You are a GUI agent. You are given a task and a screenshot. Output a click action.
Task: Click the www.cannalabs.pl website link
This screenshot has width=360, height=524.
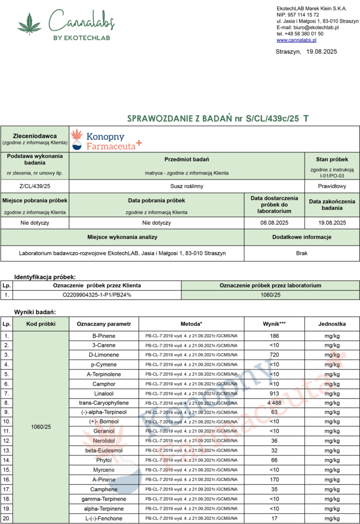(297, 40)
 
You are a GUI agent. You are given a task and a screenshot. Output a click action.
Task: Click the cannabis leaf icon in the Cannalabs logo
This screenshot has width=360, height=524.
(29, 24)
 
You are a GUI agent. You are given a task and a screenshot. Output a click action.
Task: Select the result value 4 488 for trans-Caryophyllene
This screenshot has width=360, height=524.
(275, 403)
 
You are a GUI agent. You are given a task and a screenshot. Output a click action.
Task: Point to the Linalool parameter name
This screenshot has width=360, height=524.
(104, 394)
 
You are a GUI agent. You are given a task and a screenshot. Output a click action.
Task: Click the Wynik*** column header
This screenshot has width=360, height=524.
(275, 324)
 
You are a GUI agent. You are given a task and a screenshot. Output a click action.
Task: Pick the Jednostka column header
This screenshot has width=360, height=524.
(332, 324)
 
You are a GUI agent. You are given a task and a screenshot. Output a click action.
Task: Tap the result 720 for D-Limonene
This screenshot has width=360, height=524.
(275, 355)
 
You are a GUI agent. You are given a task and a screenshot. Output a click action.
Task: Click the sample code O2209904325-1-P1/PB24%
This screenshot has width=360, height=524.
(97, 295)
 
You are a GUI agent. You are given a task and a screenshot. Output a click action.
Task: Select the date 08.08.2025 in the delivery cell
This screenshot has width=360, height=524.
(275, 223)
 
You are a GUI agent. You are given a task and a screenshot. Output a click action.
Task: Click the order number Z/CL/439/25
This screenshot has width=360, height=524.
(35, 186)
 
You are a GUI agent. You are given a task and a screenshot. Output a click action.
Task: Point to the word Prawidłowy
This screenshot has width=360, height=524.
(332, 186)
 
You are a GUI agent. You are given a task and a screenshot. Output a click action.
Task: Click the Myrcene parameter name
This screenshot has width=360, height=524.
(104, 470)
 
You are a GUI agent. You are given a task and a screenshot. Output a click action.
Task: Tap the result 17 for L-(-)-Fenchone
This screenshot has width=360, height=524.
(275, 518)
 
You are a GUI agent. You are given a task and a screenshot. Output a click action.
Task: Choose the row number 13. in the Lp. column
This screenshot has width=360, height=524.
(7, 451)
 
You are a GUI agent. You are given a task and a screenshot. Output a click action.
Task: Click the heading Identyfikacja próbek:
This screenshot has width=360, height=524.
(45, 276)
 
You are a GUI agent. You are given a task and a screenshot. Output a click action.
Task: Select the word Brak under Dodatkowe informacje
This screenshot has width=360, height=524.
(302, 253)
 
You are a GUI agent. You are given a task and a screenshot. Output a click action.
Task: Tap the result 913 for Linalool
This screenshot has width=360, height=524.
(275, 394)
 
